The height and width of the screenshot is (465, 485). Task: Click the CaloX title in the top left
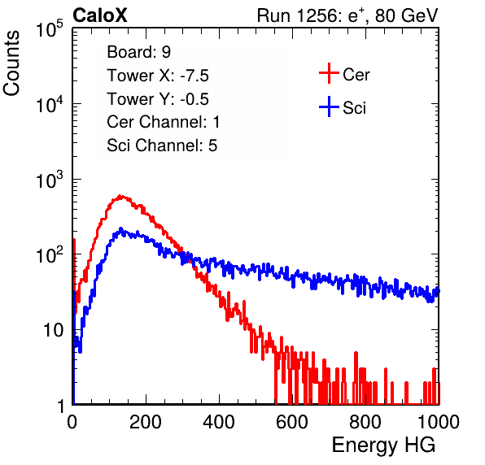click(99, 15)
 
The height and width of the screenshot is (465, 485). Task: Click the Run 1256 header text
click(347, 15)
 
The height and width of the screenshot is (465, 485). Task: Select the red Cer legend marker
click(329, 73)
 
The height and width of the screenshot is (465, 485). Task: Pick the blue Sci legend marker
click(329, 107)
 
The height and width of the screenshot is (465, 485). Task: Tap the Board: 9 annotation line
click(138, 52)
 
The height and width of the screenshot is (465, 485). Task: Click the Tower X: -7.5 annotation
click(158, 76)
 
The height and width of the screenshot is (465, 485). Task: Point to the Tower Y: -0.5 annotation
click(158, 99)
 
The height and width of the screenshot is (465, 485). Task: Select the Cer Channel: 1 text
click(163, 122)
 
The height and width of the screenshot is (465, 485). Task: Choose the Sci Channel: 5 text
click(162, 146)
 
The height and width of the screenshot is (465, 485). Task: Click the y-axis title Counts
click(11, 63)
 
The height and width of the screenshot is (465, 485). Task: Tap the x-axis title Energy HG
click(383, 445)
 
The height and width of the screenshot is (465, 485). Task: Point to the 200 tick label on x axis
click(146, 422)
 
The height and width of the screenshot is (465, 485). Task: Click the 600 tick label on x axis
click(292, 422)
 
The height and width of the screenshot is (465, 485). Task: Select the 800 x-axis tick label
click(365, 422)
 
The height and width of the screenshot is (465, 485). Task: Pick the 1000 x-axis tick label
click(439, 422)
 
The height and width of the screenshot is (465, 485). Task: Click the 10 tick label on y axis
click(54, 330)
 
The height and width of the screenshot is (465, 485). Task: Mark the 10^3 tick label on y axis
click(50, 180)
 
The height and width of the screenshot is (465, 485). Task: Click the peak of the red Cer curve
click(121, 196)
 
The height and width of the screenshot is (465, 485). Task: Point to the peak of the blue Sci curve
click(120, 228)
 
